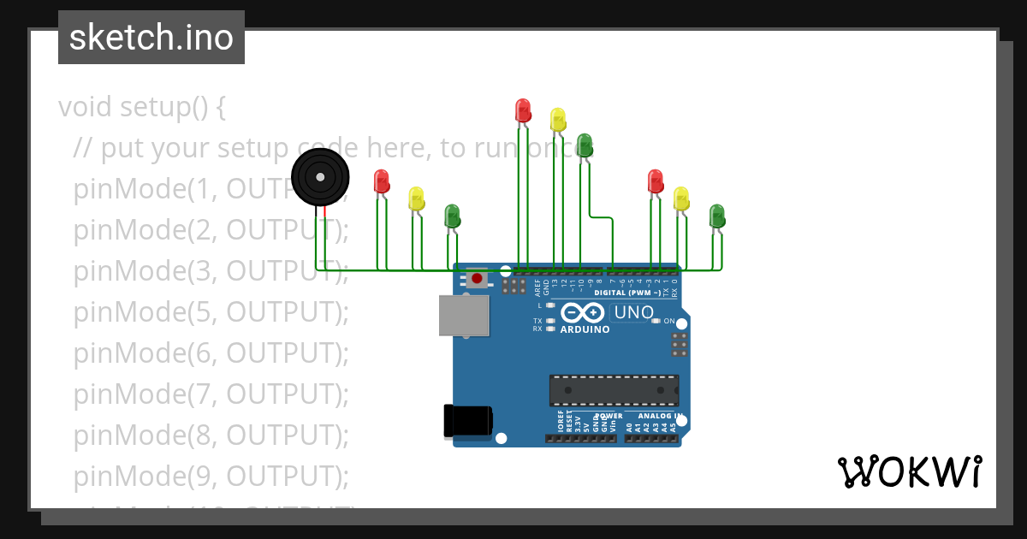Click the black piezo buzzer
pos(320,177)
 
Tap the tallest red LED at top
pos(523,110)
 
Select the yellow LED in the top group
pos(558,119)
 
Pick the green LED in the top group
pos(585,144)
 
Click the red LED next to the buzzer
pos(382,181)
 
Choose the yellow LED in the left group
pos(416,198)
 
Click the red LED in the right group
pos(656,181)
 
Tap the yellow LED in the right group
pos(681,198)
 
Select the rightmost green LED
pos(717,215)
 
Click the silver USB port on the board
pos(464,315)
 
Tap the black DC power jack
pos(467,421)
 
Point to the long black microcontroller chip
pos(614,390)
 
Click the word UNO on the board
pos(634,313)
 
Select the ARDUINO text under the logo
pos(585,329)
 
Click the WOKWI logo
pos(909,472)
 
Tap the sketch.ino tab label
pos(151,38)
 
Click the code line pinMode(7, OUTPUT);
pos(211,394)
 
